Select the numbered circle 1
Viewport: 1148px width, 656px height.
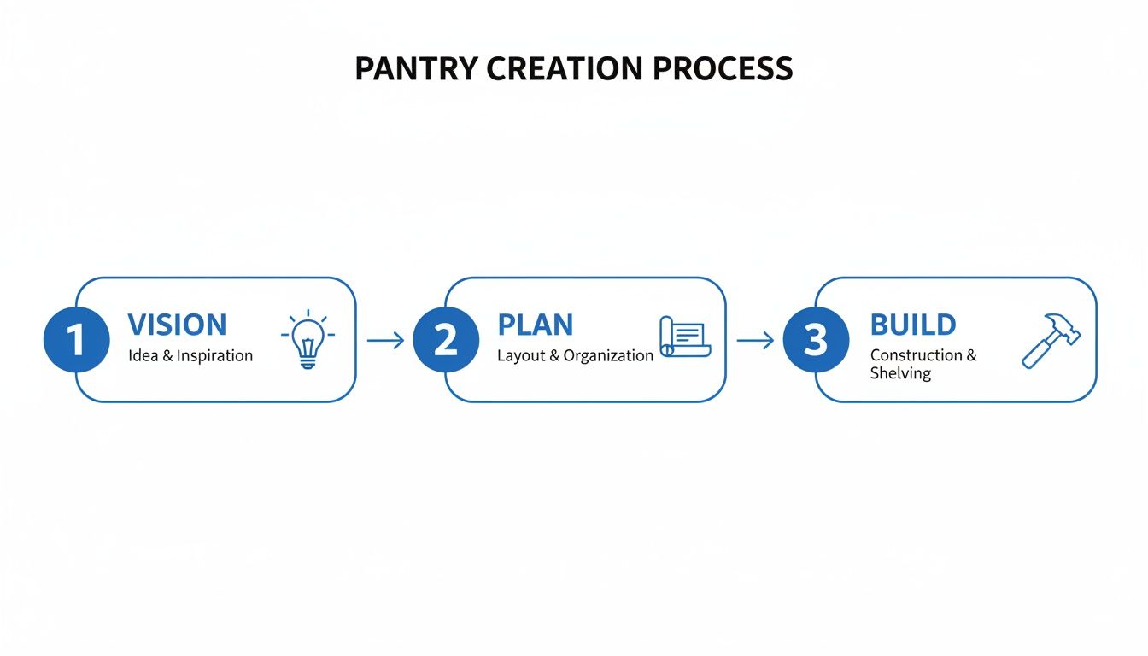[x=77, y=340]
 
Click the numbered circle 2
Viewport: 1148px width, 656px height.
[x=446, y=340]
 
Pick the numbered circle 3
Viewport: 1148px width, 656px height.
[x=816, y=340]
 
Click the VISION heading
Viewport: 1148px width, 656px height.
[x=177, y=325]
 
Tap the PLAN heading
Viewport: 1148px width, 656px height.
[x=535, y=325]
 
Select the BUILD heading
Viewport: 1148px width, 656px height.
[x=912, y=325]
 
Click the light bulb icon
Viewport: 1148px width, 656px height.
[x=307, y=339]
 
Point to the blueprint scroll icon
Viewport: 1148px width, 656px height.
[x=685, y=337]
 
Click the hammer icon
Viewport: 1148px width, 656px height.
[x=1051, y=340]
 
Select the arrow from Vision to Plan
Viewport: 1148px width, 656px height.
[x=385, y=341]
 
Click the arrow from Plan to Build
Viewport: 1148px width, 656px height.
[x=754, y=341]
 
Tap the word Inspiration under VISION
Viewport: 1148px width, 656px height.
[x=214, y=355]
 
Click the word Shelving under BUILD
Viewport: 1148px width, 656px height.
[x=900, y=373]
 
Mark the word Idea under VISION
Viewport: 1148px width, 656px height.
[x=143, y=355]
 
